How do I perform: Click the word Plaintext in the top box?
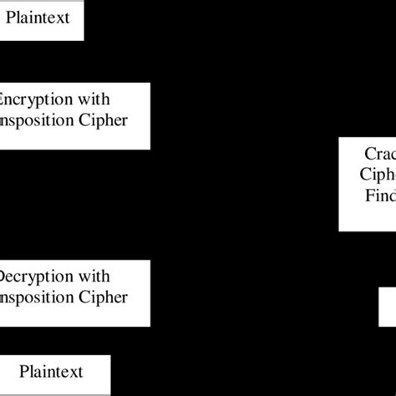point(41,18)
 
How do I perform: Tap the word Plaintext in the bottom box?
point(52,370)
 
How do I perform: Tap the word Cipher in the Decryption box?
point(102,298)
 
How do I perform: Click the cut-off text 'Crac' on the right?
point(380,154)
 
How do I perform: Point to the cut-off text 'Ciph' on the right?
point(380,175)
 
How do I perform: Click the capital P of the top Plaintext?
point(12,18)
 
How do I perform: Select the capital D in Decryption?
point(5,277)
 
